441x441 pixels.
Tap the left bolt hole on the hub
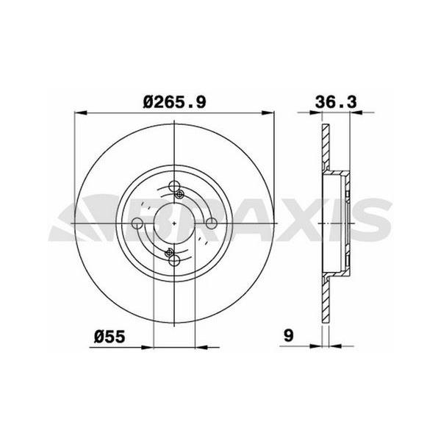point(137,223)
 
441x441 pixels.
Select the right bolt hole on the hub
point(210,223)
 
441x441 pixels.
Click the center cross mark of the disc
point(173,223)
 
